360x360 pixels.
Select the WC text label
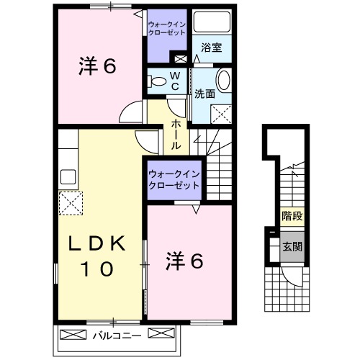tap(174, 80)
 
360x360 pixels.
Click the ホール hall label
tap(176, 135)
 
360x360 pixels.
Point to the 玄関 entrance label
tap(292, 246)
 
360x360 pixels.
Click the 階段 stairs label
tap(292, 216)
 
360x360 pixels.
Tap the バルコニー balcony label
tap(115, 335)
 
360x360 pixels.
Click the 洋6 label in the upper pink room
tap(96, 67)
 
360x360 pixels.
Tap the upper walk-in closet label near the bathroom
tap(168, 27)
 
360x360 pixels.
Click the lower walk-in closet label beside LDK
tap(174, 179)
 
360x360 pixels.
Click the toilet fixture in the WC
tap(156, 81)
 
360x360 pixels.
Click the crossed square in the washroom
tap(222, 112)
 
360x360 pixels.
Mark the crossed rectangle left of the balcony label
tap(73, 335)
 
